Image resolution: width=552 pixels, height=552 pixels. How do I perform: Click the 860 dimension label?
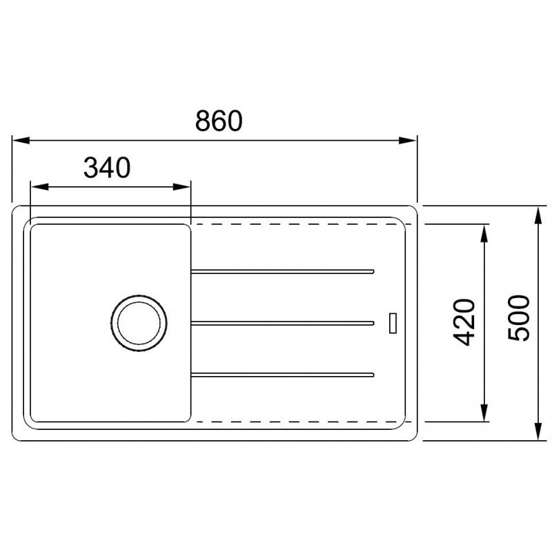tap(219, 121)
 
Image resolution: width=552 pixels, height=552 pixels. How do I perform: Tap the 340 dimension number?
tap(107, 168)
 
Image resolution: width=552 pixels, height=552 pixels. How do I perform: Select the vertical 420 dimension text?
tap(464, 322)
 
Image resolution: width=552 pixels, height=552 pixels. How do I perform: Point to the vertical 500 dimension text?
tap(519, 318)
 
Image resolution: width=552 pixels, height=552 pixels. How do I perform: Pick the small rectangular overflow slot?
tap(393, 323)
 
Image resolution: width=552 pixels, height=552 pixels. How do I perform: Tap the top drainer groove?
tap(282, 271)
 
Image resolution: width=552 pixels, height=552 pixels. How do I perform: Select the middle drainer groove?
tap(282, 323)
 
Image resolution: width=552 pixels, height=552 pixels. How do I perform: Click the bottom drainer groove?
tap(282, 375)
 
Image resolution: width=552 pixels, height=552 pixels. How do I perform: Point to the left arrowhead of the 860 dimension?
tap(21, 141)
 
